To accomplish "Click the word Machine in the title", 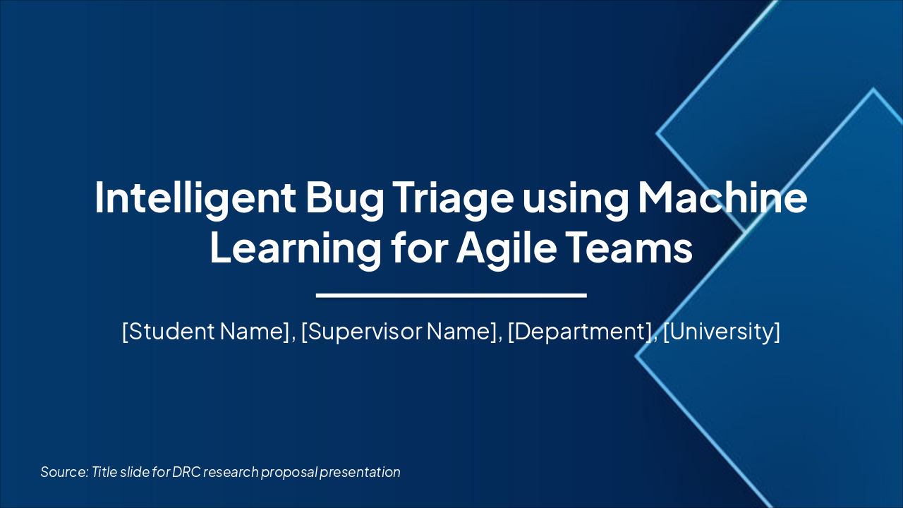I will (x=722, y=198).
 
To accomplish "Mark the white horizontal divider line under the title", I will (x=451, y=295).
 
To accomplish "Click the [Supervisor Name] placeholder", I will (x=399, y=331).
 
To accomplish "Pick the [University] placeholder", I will (x=722, y=331).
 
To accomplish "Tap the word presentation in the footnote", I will (x=360, y=472).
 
